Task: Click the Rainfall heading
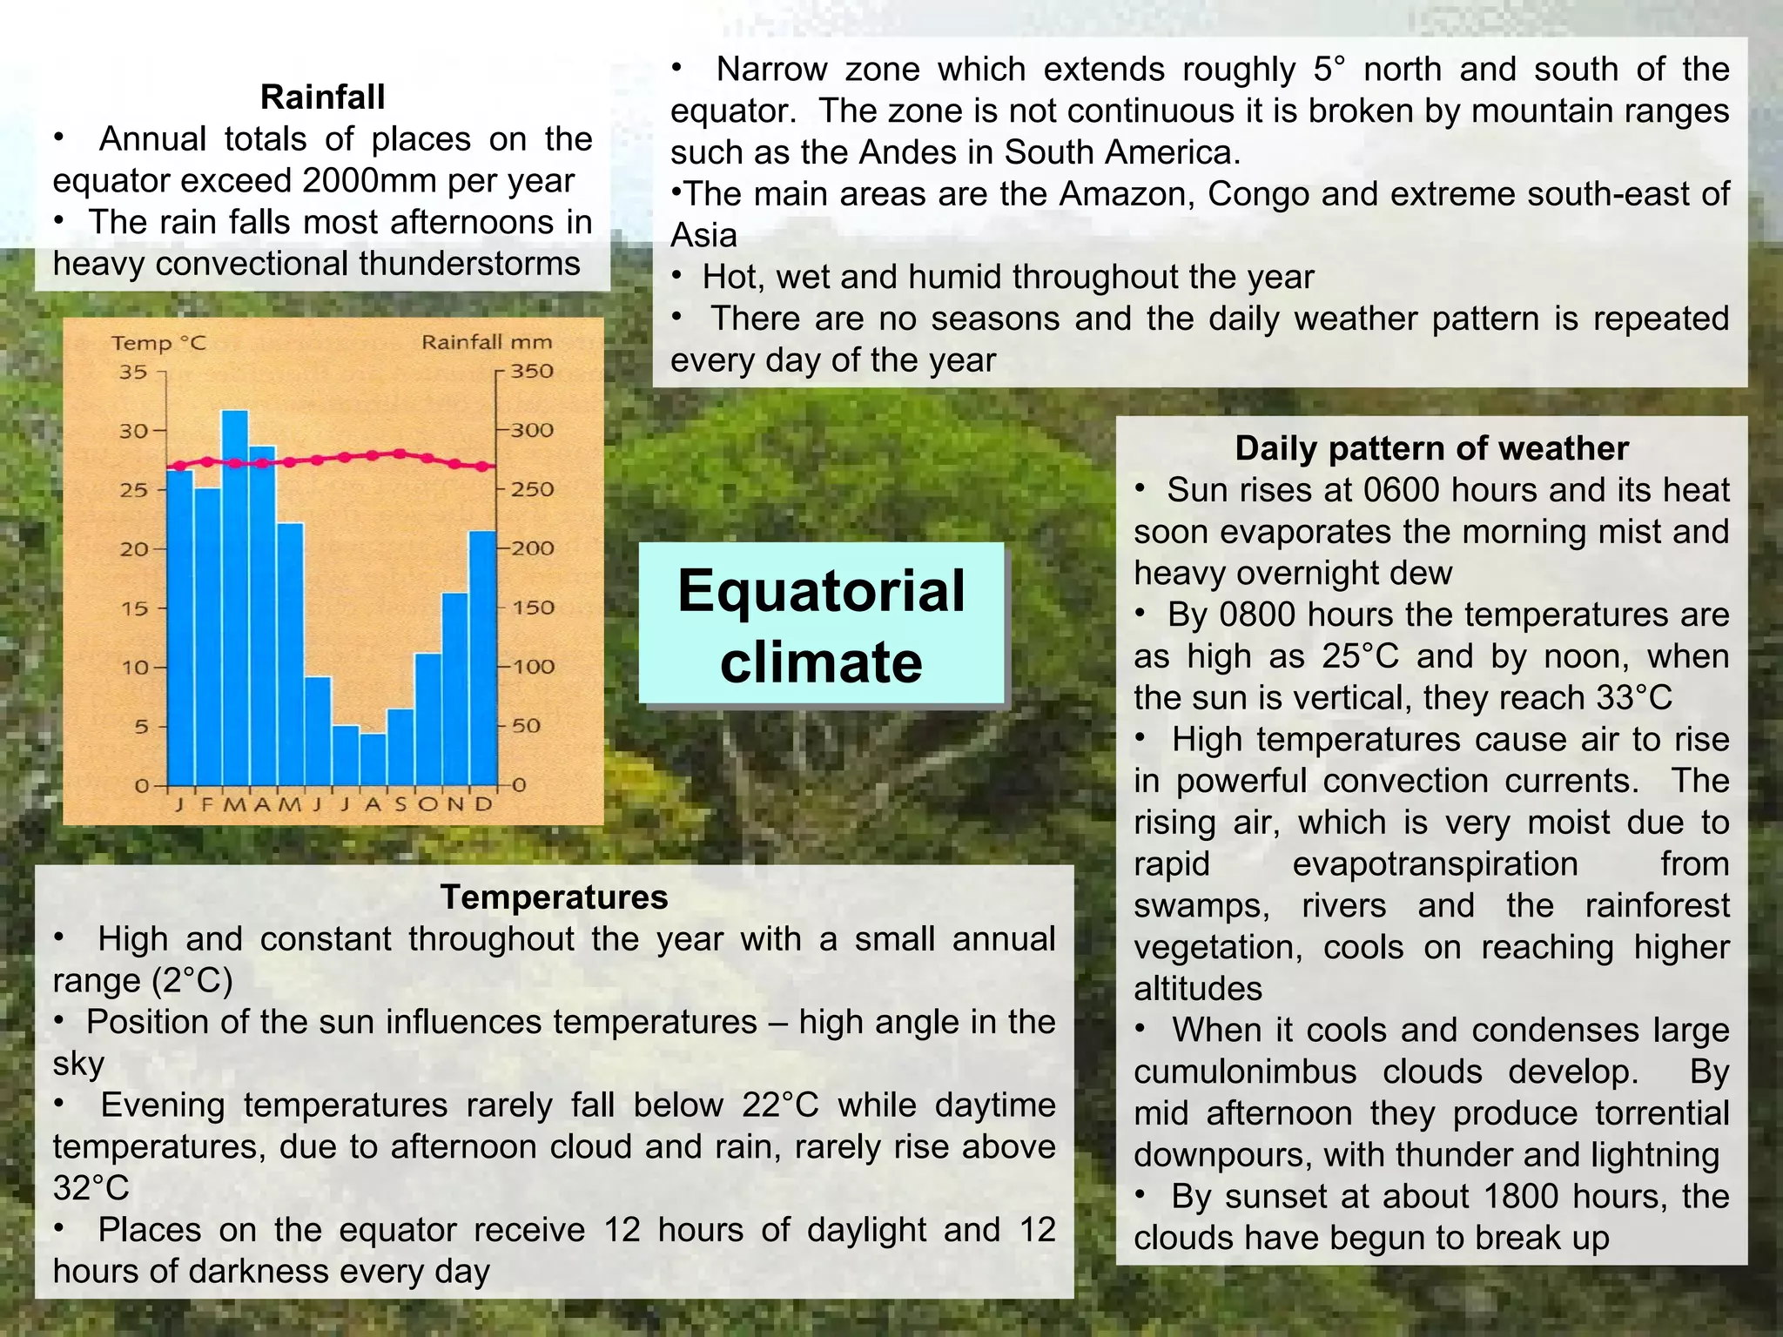tap(322, 97)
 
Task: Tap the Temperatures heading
tap(554, 897)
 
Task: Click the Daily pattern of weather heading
tap(1431, 448)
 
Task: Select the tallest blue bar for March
tap(235, 601)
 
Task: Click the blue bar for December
tap(483, 657)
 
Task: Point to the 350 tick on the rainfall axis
tap(531, 371)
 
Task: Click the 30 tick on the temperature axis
tap(133, 431)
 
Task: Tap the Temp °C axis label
tap(158, 343)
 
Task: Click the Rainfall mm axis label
tap(487, 342)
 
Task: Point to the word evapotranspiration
tap(1435, 864)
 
